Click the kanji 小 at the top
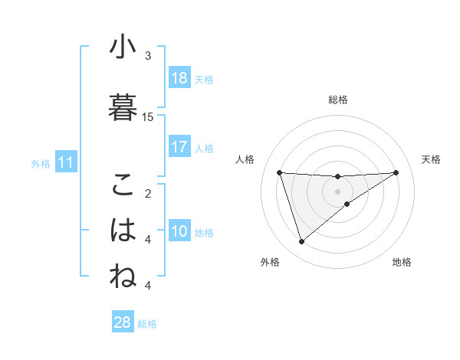[x=123, y=47]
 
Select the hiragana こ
[x=123, y=185]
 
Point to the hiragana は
[x=123, y=230]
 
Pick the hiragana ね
[x=123, y=277]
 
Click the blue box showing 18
[x=179, y=77]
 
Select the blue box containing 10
[x=179, y=231]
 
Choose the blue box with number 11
[x=66, y=162]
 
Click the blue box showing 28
[x=123, y=322]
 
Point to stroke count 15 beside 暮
[x=148, y=116]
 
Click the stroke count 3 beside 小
[x=148, y=56]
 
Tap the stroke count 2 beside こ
[x=148, y=193]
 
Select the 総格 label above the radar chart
[x=337, y=100]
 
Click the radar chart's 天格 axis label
[x=431, y=159]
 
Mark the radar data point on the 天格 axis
[x=396, y=172]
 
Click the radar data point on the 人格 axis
[x=280, y=172]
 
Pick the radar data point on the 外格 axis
[x=301, y=242]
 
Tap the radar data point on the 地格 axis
[x=347, y=204]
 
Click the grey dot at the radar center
[x=337, y=191]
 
